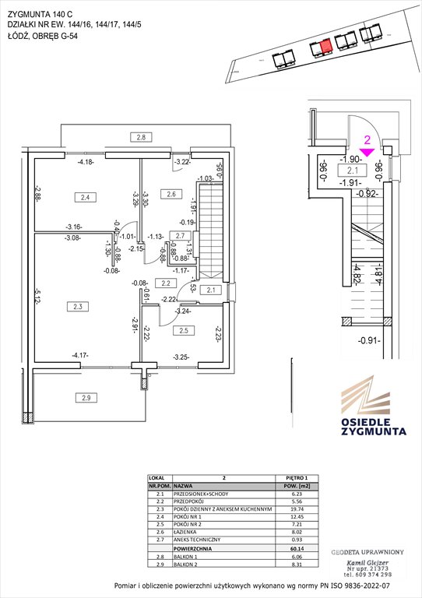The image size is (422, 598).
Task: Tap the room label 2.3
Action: (77, 307)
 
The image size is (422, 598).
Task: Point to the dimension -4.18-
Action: (86, 162)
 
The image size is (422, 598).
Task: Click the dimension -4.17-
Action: (79, 356)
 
